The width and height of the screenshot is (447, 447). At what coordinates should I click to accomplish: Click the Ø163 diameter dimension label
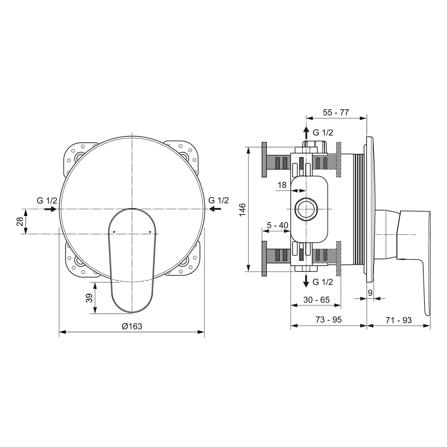click(132, 326)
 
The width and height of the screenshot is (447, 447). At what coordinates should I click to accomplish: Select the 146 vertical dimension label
click(242, 209)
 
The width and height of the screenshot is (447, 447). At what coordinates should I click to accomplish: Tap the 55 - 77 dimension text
click(336, 112)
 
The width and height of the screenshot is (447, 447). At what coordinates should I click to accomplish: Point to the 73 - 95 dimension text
click(328, 320)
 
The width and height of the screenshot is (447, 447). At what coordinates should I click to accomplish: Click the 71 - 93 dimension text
click(398, 320)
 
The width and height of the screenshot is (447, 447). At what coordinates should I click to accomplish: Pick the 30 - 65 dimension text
click(316, 300)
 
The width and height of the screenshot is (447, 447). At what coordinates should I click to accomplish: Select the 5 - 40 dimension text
click(277, 225)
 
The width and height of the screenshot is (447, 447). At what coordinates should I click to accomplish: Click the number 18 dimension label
click(282, 185)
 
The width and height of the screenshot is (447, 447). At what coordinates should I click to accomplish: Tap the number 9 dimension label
click(370, 293)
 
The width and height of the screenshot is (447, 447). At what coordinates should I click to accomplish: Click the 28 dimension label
click(20, 221)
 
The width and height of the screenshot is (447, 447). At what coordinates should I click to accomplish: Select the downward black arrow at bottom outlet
click(306, 281)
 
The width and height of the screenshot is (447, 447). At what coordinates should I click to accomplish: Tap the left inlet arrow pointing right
click(50, 209)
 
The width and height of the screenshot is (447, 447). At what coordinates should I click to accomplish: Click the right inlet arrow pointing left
click(215, 209)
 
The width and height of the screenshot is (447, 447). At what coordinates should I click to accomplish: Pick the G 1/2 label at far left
click(47, 201)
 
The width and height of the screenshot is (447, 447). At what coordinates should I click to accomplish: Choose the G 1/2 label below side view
click(323, 282)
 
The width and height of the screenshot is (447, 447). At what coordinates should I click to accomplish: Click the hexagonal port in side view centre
click(306, 209)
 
